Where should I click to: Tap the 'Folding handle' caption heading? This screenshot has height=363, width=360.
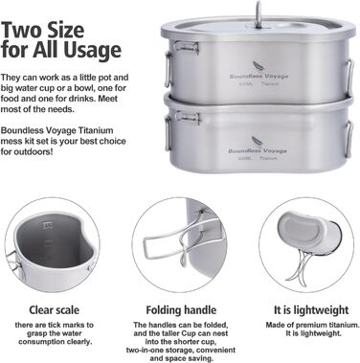(179, 311)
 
